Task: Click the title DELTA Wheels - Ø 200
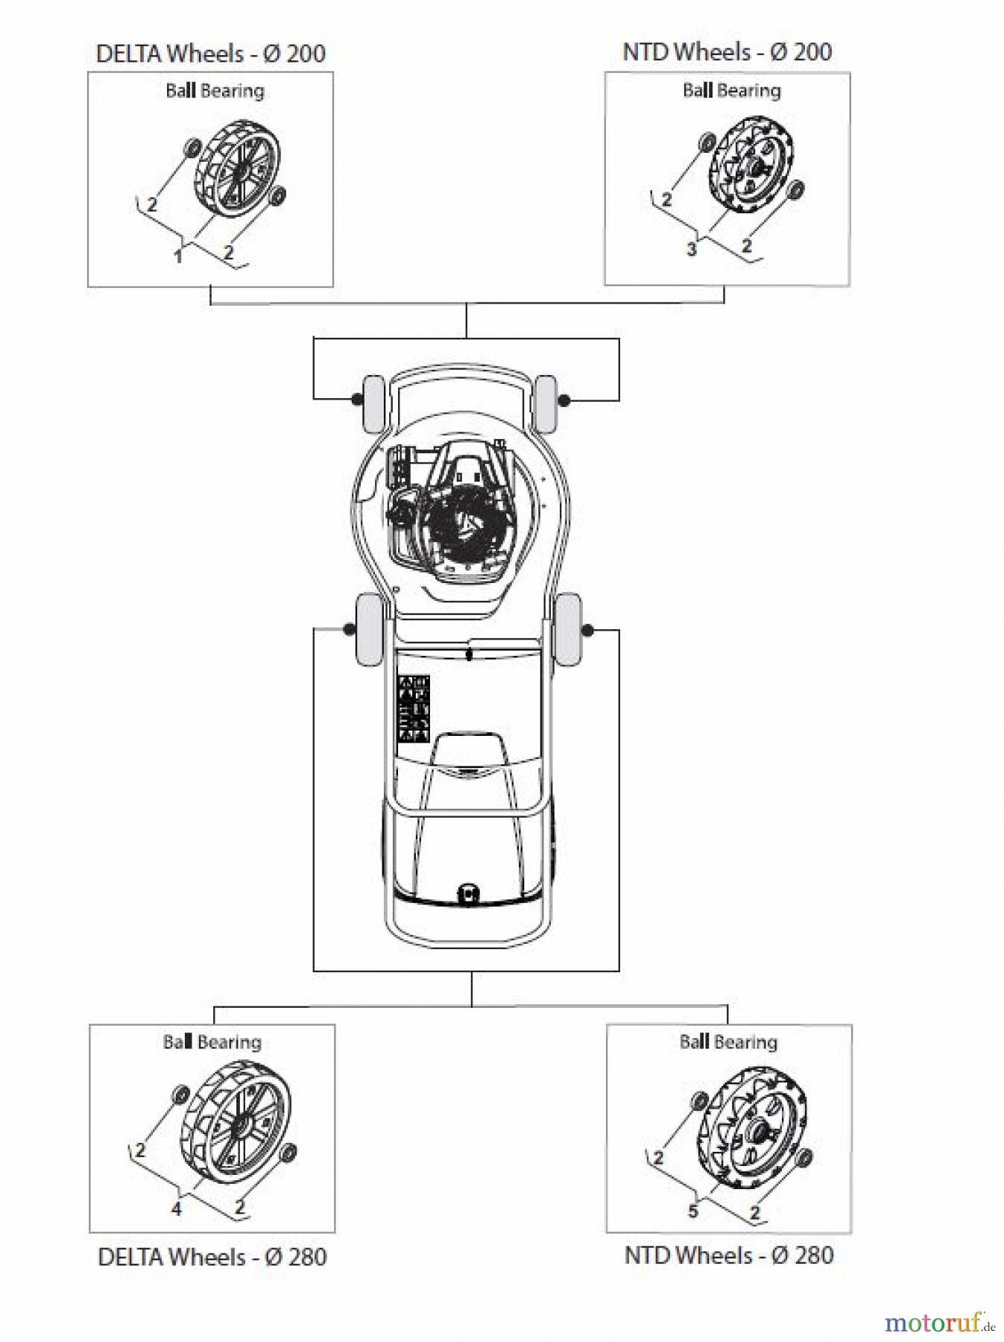tap(210, 54)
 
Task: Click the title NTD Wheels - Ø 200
tap(727, 52)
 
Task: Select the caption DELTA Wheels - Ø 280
tap(212, 1257)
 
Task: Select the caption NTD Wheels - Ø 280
tap(728, 1256)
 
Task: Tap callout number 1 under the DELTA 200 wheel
tap(177, 256)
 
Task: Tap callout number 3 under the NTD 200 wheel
tap(692, 249)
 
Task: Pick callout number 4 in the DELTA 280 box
tap(176, 1209)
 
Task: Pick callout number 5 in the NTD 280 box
tap(692, 1211)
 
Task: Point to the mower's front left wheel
tap(373, 403)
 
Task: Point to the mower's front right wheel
tap(546, 404)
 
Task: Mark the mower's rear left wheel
tap(370, 629)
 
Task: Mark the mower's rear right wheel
tap(569, 630)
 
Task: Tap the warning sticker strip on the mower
tap(413, 708)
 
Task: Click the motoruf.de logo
tap(938, 1323)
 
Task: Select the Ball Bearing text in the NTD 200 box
tap(731, 91)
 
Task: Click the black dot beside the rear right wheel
tap(587, 631)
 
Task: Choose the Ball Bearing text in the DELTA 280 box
tap(212, 1042)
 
